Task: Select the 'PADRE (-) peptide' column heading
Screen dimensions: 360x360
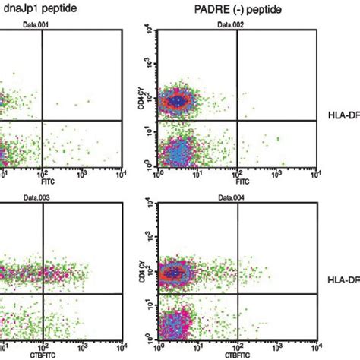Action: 228,8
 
